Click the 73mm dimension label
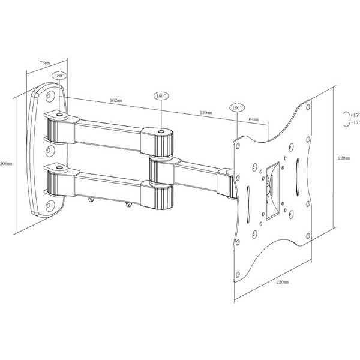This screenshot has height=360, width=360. (44, 61)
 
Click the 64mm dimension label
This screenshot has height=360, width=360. (253, 119)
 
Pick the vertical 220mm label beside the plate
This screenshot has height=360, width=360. (344, 158)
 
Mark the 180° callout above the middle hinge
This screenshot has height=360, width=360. (161, 95)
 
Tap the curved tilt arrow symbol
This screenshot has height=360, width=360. (344, 118)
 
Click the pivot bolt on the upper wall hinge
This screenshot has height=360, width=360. (59, 114)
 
